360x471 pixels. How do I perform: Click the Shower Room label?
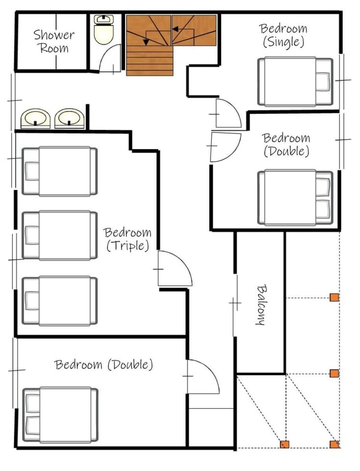pos(54,41)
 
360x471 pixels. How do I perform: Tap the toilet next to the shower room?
pos(103,30)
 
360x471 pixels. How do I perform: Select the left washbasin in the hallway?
pos(35,118)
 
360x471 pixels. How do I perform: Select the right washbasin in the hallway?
pos(69,118)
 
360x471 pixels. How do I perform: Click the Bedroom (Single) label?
pos(283,35)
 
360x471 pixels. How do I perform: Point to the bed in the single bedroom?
pos(295,81)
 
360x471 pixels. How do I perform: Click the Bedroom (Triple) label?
pos(128,239)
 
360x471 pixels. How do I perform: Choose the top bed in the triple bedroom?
pos(59,171)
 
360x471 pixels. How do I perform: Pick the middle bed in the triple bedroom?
pos(59,235)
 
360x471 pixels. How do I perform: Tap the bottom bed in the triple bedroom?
pos(59,301)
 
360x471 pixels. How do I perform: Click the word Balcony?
pos(261,305)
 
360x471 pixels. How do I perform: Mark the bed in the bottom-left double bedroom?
pos(60,415)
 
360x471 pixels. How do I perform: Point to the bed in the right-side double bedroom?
pos(295,197)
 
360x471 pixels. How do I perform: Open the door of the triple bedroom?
pos(175,268)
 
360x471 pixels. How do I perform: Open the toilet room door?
pos(110,58)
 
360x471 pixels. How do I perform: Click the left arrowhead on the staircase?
pos(147,42)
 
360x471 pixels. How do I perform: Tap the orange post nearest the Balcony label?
pos(334,297)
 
